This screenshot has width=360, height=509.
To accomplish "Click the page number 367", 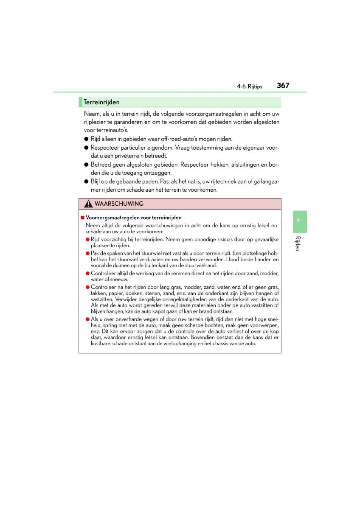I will (x=283, y=85).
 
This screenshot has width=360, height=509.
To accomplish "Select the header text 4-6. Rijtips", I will (x=250, y=87).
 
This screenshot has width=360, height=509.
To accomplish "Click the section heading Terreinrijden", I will (x=101, y=102).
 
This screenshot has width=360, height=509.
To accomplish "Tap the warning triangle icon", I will (x=88, y=204).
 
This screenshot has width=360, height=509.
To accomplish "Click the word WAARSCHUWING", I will (x=119, y=204).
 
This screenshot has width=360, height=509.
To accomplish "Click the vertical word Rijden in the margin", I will (x=298, y=243).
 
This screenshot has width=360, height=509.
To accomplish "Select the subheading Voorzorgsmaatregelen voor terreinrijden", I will (x=133, y=218).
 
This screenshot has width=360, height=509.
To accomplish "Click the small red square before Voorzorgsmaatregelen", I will (x=82, y=218).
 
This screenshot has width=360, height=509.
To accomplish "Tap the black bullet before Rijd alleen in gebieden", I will (x=86, y=139).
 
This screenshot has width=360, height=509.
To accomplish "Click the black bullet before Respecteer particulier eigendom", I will (x=86, y=148).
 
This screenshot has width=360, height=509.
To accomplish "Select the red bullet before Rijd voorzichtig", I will (x=87, y=239).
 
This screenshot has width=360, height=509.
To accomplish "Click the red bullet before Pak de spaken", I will (x=87, y=253).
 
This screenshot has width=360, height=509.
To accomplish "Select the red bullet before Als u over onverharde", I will (x=87, y=319).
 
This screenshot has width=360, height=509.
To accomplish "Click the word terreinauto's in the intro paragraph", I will (x=112, y=130).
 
